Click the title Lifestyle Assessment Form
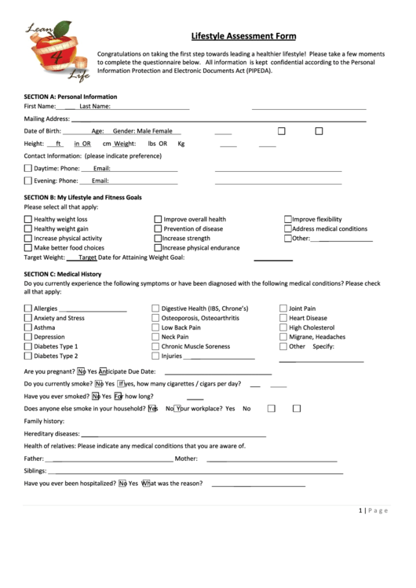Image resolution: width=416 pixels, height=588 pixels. tap(244, 35)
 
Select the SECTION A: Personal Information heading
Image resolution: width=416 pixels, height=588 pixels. tap(71, 96)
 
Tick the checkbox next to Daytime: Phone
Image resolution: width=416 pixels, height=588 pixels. tap(28, 168)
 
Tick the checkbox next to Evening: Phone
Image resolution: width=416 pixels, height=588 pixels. tap(28, 181)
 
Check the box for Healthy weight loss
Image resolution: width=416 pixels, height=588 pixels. tap(28, 220)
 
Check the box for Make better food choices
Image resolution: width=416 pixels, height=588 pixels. tap(28, 248)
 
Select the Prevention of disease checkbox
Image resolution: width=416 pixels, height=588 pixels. tap(158, 229)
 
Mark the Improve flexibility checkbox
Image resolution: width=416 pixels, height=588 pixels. tap(288, 220)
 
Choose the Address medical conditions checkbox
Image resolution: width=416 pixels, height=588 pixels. tap(288, 229)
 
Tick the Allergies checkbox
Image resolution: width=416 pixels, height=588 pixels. tap(28, 309)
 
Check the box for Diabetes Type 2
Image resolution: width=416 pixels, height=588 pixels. tap(28, 356)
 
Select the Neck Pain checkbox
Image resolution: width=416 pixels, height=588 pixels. tap(155, 337)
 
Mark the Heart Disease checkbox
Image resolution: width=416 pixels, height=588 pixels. tap(283, 319)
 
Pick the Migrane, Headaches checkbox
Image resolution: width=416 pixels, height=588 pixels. tap(283, 337)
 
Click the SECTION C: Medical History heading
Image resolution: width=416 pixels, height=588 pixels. tap(63, 273)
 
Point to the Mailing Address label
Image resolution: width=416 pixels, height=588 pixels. tap(47, 119)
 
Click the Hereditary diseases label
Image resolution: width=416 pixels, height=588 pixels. tap(52, 433)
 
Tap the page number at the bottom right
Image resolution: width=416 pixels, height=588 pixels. tap(373, 510)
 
